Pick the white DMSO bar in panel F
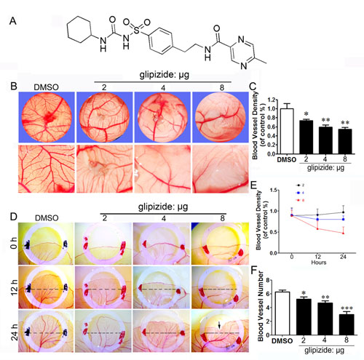tap(288, 312)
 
